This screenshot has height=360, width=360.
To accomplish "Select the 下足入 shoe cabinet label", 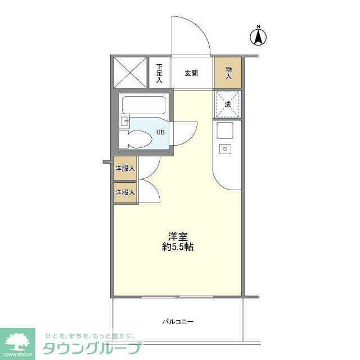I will coord(159,73).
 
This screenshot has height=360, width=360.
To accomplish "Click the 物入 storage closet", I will coord(228,72).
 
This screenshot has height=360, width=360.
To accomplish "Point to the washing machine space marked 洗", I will coord(228,104).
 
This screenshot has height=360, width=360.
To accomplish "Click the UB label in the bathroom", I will coord(160,133).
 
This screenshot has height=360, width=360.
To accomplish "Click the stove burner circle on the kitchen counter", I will coord(226,149).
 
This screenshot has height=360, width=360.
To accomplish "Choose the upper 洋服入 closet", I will coord(125,168).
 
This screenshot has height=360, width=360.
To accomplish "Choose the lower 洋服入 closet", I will coord(125,192).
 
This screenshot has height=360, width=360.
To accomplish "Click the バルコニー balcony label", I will coord(178,322).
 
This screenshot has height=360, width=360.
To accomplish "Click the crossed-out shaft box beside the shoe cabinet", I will coord(129,72).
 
